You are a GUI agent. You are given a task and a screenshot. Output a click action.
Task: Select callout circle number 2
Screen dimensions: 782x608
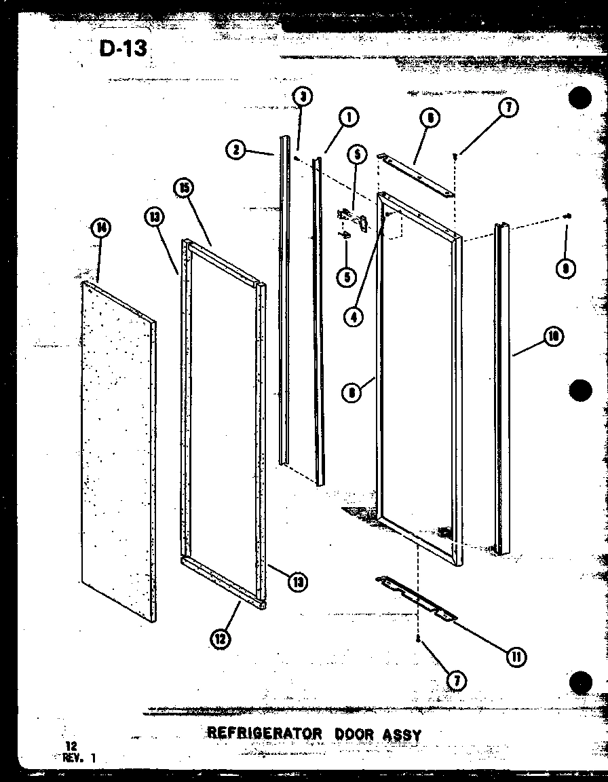click(236, 150)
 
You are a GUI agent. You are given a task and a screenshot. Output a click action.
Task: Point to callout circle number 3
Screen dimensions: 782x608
click(302, 96)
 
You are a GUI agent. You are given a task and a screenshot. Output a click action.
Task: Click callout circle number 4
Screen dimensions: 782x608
click(353, 316)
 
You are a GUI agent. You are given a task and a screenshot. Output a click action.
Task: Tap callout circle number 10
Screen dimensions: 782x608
click(554, 336)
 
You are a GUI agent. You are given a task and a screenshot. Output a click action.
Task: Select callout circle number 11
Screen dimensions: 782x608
click(517, 656)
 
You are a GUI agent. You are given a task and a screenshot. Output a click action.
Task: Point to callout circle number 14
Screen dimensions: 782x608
click(100, 228)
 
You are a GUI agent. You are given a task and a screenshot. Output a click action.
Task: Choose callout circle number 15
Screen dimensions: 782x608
click(184, 188)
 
